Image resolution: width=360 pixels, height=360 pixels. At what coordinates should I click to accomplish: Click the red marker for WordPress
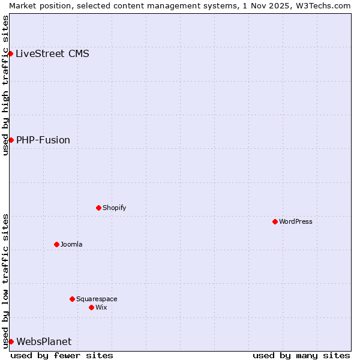coord(275,221)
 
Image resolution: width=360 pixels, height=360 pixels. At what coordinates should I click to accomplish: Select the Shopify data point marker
coord(98,208)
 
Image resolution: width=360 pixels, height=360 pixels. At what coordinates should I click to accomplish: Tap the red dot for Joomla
coord(56,244)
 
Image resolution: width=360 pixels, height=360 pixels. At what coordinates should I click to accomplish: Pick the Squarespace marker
coord(72,299)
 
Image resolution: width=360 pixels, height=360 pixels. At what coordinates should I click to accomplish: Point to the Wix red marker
coord(91,307)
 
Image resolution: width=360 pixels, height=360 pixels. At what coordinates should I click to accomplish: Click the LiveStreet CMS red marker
coord(11,53)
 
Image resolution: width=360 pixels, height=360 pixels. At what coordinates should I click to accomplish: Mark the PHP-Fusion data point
coord(11,140)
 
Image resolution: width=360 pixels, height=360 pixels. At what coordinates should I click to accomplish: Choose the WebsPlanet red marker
coord(11,341)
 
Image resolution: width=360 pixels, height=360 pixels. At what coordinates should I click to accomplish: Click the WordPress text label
coord(296,221)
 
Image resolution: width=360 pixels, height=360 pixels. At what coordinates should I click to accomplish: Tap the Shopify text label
coord(114,208)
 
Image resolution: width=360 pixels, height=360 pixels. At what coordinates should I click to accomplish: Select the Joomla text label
coord(71,244)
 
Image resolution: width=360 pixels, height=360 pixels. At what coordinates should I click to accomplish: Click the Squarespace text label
coord(97,299)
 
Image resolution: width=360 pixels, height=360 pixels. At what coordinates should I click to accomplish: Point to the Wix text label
coord(101,307)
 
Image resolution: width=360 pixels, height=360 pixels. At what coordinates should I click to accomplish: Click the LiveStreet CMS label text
coord(52,53)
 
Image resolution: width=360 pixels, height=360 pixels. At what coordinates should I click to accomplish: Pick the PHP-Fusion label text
coord(43,140)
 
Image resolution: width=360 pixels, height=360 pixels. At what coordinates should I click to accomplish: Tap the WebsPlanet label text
coord(44,341)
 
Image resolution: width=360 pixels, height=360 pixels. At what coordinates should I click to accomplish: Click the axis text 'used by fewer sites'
coord(62,355)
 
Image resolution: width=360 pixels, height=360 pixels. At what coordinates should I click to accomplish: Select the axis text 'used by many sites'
coord(301,355)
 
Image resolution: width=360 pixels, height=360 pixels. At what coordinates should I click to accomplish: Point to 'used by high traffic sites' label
coord(5,85)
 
